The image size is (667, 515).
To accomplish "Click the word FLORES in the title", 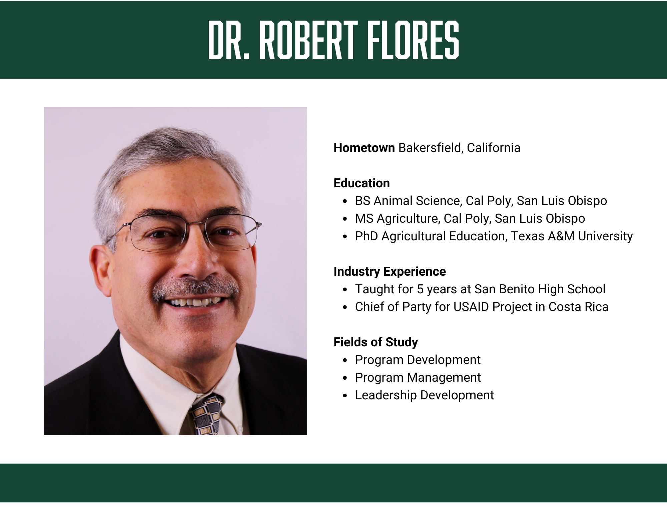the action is (x=413, y=40).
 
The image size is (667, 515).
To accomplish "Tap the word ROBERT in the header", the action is (x=308, y=40).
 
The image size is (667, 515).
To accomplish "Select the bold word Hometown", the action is (x=364, y=148).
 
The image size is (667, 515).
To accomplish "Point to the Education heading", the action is (x=362, y=183).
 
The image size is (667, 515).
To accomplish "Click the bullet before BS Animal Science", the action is (x=345, y=201).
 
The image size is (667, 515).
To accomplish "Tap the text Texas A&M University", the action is (x=572, y=236).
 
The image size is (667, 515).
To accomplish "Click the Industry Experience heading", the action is (x=390, y=272).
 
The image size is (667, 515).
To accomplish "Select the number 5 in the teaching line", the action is (x=420, y=289).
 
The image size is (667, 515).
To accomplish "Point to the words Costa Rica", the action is (x=579, y=307).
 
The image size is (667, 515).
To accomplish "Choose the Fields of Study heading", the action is (x=376, y=342).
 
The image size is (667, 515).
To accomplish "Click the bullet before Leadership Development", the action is (x=345, y=396).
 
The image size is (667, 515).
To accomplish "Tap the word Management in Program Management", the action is (x=444, y=378).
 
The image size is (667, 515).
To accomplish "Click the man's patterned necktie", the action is (x=205, y=415).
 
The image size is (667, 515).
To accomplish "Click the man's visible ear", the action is (x=100, y=270).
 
